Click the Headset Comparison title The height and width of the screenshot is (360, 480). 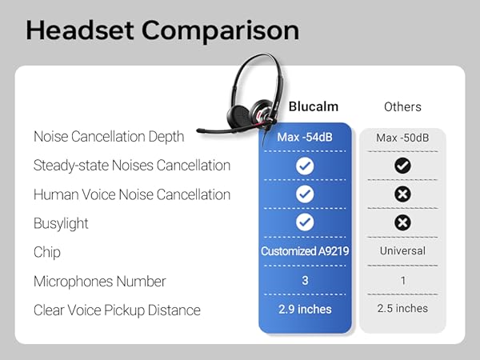point(162,30)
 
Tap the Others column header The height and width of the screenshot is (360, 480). point(402,106)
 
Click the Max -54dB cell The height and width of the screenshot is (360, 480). point(304,137)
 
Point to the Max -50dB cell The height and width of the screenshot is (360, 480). point(402,138)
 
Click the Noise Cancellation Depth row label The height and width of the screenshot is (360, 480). point(109,137)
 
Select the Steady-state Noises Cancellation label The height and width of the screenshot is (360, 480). point(132,166)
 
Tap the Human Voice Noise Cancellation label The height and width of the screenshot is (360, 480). point(132,194)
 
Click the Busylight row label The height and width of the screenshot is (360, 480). point(61,223)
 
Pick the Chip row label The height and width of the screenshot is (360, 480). point(47,252)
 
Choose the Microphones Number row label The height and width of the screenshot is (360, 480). point(100,281)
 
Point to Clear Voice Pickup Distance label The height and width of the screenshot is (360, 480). point(117,310)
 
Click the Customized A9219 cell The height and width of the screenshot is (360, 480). point(304,251)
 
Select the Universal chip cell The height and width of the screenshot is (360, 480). point(402,250)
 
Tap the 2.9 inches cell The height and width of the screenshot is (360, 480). point(304,309)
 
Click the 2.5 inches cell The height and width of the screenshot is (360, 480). point(402,308)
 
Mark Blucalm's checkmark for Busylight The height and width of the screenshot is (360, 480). point(305,222)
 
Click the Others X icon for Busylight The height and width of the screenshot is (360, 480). point(403,222)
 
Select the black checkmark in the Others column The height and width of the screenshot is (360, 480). point(403,166)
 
